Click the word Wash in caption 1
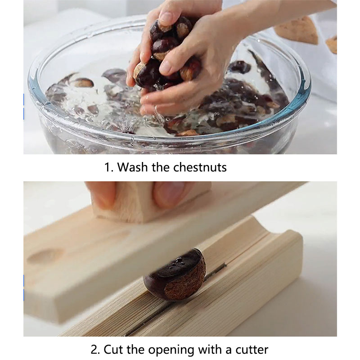[x=132, y=167]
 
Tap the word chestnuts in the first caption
[x=200, y=167]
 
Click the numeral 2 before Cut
[x=95, y=350]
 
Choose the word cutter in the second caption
[x=252, y=350]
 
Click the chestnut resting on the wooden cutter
[x=175, y=275]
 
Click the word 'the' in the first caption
[x=160, y=167]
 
